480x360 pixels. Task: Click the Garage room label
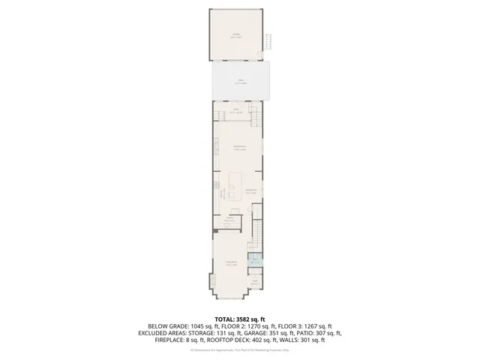click(x=236, y=34)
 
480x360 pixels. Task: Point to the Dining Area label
click(x=252, y=190)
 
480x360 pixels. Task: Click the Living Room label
click(x=232, y=263)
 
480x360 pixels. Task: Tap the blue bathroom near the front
click(x=255, y=261)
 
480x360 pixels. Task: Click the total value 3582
click(x=249, y=319)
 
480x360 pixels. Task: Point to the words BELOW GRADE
click(x=165, y=325)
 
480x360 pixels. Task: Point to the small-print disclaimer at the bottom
click(x=239, y=349)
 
